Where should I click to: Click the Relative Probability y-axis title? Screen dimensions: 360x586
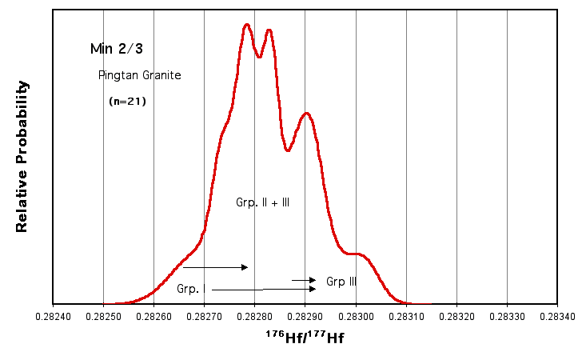click(x=22, y=156)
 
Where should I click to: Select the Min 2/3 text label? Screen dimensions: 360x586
click(x=114, y=49)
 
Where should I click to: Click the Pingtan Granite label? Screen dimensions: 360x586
click(x=140, y=76)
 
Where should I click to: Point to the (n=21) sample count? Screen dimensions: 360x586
click(x=127, y=102)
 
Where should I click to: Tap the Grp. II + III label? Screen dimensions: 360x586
click(x=262, y=203)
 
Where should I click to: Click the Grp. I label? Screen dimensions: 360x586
click(x=192, y=288)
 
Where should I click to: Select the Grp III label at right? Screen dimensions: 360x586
click(x=341, y=282)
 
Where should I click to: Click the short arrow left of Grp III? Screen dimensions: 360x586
click(x=303, y=280)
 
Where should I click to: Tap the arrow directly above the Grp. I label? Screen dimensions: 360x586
click(x=216, y=267)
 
